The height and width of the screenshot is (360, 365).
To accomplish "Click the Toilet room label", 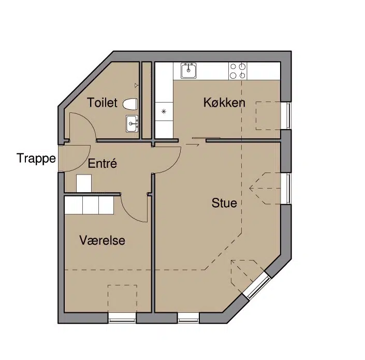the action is [x=102, y=103].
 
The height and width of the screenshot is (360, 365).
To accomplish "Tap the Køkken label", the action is [x=224, y=103].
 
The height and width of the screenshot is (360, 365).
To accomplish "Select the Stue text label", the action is [x=224, y=203].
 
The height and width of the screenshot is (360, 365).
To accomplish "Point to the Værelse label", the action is [x=102, y=240].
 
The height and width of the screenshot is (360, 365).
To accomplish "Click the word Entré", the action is [x=102, y=163].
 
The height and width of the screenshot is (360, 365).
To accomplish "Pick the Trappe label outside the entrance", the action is [x=36, y=159].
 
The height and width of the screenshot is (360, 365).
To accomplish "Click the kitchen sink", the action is [x=188, y=70].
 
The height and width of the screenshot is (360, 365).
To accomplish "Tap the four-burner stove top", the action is [x=238, y=71].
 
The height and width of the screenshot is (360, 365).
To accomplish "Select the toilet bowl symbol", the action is [x=130, y=104].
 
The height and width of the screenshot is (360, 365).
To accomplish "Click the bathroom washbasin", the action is [x=132, y=123].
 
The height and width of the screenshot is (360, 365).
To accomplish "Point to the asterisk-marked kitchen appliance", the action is [x=164, y=111].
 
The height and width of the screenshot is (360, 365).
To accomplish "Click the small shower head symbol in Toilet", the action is [x=137, y=85].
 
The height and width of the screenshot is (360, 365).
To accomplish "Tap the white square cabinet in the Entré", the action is [x=83, y=183].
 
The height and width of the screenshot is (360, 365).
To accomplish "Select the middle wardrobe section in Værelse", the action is [x=91, y=205].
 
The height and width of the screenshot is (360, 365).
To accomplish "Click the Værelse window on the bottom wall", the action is [x=122, y=318].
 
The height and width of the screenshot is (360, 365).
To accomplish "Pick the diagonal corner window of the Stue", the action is [x=256, y=285].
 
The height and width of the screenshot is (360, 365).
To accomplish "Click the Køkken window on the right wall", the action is [x=286, y=116].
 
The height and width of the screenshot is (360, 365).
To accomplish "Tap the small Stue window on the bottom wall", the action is [x=188, y=318].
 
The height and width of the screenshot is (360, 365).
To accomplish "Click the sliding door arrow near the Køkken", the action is [x=192, y=145].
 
